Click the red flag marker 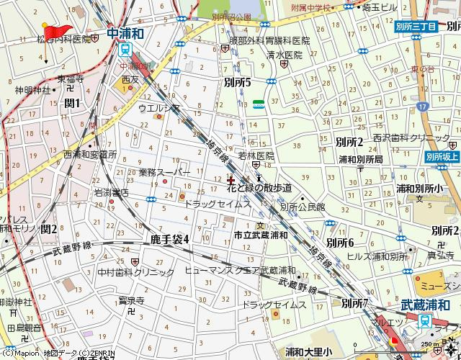coord(53,30)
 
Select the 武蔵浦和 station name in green coord(425,305)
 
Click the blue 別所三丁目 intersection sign coord(416,26)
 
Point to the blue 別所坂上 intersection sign coord(442,156)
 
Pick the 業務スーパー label coord(164,173)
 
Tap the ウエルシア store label coord(168,109)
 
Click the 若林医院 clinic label coord(256,155)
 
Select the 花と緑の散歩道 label coord(259,188)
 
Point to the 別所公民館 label coord(303,207)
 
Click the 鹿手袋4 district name coord(169,238)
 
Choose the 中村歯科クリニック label coord(136,272)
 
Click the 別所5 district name coord(238,83)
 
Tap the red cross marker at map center coord(230,179)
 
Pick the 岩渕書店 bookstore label coord(111,192)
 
